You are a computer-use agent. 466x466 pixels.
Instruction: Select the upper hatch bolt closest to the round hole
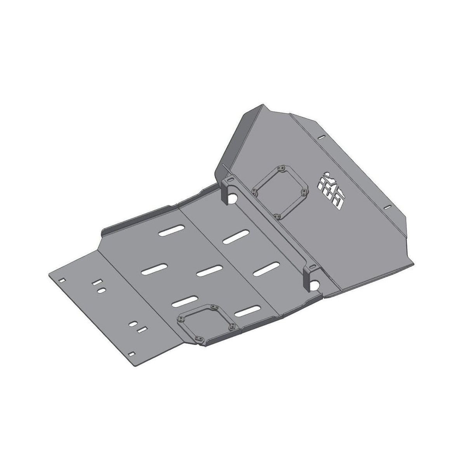coord(254,191)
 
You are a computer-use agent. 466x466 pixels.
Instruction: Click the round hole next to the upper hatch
coord(234,198)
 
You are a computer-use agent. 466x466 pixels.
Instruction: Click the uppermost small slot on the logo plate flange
coord(321,137)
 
